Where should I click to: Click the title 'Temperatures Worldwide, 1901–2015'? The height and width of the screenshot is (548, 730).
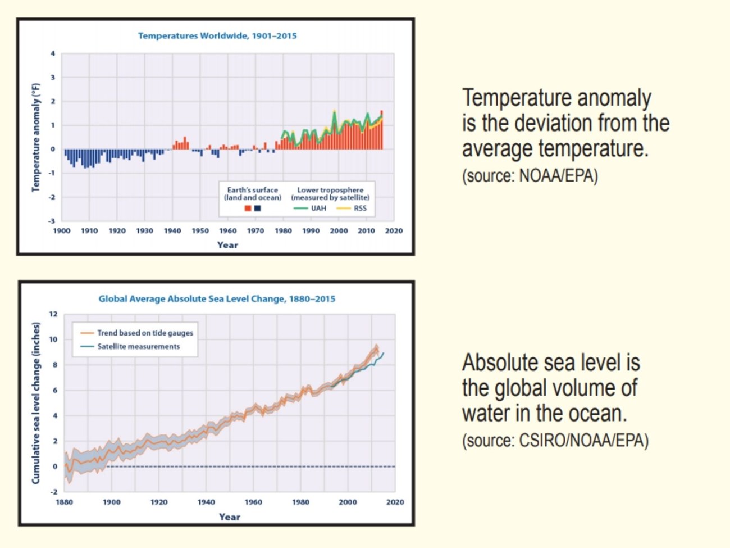(217, 36)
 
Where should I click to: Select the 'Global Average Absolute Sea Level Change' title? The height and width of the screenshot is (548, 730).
(217, 299)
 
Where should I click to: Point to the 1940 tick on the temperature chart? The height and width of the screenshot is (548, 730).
(172, 231)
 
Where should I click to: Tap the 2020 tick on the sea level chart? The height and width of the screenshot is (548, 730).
(395, 502)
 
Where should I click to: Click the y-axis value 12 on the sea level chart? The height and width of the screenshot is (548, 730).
(53, 314)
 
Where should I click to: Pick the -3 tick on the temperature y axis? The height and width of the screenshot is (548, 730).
(52, 221)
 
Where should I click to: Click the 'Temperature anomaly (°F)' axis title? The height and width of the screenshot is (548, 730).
(36, 138)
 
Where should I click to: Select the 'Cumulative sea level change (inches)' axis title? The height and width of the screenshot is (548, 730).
(36, 403)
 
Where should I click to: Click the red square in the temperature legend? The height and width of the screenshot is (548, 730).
(248, 209)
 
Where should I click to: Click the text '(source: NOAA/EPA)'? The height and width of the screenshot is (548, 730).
(530, 176)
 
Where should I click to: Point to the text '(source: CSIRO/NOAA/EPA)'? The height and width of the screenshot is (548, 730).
(555, 440)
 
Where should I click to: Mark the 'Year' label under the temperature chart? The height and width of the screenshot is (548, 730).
(227, 245)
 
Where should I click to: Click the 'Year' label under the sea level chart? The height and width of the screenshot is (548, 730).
(229, 517)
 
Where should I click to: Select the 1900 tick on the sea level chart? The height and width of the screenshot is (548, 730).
(111, 502)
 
